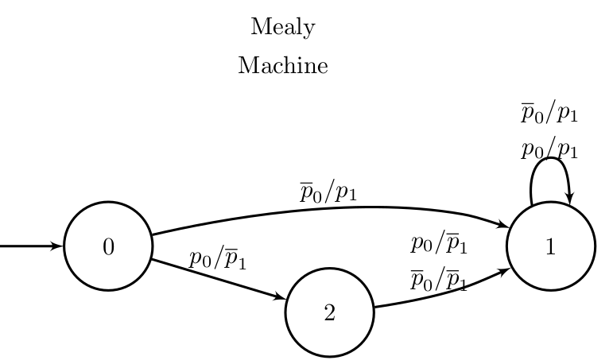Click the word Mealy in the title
coord(282,28)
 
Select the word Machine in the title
coord(282,66)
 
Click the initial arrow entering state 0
coord(28,246)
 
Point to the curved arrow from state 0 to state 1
coord(334,208)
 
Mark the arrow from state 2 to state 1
coord(437,293)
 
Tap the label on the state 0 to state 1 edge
coord(328,193)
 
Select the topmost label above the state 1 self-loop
coord(549,114)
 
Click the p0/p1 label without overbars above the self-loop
coord(549,149)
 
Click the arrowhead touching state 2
coord(280,298)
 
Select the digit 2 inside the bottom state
coord(329,313)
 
